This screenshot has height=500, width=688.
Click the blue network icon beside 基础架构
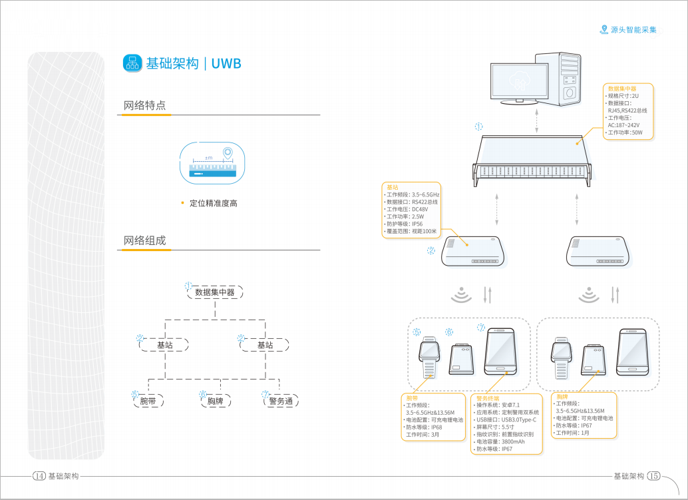[132, 63]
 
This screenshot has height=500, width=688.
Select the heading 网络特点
[144, 105]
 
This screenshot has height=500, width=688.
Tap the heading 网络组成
[144, 240]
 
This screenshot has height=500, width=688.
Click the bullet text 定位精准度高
[213, 203]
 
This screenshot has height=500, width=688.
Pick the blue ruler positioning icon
[214, 162]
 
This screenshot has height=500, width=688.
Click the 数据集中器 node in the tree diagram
[215, 292]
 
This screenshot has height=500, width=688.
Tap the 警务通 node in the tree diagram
[280, 401]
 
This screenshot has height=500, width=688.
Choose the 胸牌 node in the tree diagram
[215, 401]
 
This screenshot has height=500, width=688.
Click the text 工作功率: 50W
[625, 132]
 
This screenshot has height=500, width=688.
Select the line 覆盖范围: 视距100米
[412, 231]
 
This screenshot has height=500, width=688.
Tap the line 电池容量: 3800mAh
[500, 441]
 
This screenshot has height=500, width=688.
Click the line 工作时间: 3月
[423, 434]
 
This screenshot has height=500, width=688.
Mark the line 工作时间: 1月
[572, 433]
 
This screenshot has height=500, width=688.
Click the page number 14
[39, 476]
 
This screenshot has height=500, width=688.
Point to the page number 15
[653, 476]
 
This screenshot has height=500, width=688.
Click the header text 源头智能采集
[633, 30]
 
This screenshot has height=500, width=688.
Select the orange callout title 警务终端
[488, 397]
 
